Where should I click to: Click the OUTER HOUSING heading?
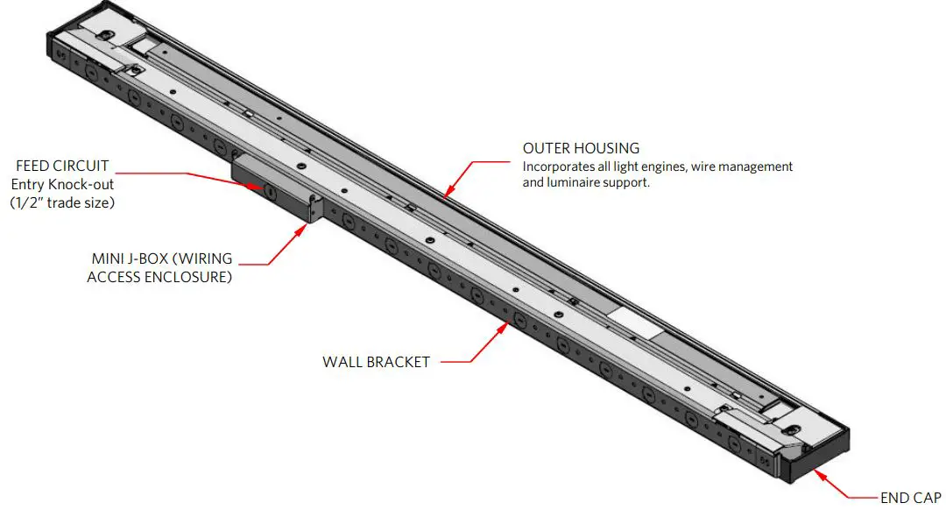[x=581, y=148]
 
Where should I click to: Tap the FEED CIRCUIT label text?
[x=62, y=165]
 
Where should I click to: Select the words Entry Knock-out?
[x=62, y=184]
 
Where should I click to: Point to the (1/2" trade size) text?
[x=62, y=202]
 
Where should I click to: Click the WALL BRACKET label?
[x=376, y=362]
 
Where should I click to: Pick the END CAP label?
[x=911, y=498]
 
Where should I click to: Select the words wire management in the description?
[x=745, y=166]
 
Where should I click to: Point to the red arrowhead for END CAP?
[x=818, y=475]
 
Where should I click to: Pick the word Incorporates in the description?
[x=556, y=166]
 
